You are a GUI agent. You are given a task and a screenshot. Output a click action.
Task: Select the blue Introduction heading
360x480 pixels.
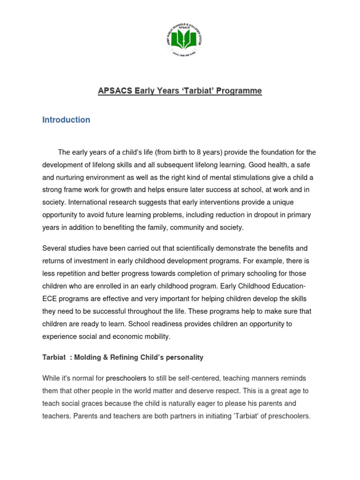coord(66,120)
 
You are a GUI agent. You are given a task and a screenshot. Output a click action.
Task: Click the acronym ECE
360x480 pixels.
coord(50,299)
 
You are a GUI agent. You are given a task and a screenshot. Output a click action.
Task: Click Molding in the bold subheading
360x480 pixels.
coord(91,357)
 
